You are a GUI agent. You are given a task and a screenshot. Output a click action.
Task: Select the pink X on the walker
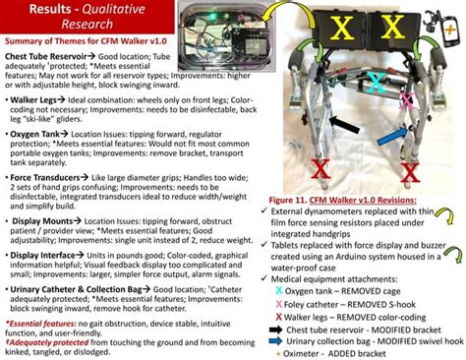406,99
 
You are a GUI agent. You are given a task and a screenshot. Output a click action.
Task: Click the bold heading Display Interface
49,255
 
